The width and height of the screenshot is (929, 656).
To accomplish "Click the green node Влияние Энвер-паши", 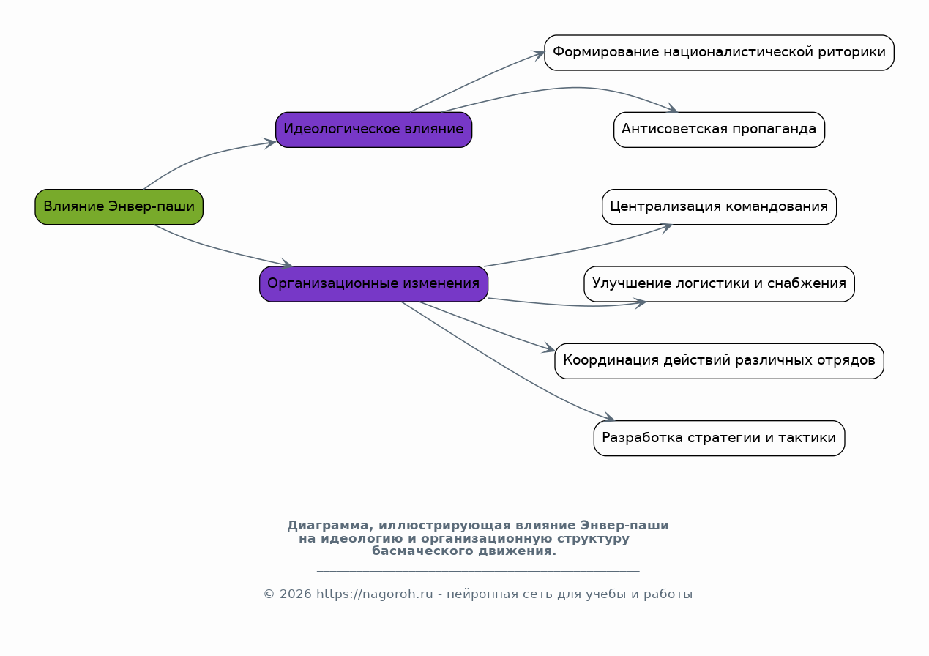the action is click(119, 207).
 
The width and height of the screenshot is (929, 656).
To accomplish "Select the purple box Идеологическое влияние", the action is click(373, 130).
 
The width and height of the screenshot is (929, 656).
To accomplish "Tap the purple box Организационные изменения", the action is click(373, 284).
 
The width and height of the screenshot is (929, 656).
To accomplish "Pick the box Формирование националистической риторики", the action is click(719, 53).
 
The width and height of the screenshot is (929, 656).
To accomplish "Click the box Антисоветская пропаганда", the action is click(719, 130).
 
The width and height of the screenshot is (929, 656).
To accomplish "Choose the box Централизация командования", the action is click(719, 207).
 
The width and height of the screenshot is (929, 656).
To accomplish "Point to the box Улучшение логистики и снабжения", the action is click(719, 284).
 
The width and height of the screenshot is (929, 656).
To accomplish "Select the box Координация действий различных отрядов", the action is click(719, 361).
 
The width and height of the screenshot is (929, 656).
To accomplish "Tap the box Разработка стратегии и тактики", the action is click(719, 439).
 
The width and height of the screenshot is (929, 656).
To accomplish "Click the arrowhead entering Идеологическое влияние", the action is click(270, 143).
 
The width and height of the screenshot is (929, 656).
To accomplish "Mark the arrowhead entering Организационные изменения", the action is click(286, 263).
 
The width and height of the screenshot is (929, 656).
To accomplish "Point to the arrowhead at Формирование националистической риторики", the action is click(538, 55).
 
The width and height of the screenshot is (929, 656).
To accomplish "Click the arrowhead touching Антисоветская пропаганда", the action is click(671, 108).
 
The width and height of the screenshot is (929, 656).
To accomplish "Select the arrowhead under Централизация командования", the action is click(665, 228).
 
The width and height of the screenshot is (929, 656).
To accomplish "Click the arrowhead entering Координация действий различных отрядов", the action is click(548, 348).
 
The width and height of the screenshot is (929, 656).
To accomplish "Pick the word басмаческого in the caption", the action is click(422, 551).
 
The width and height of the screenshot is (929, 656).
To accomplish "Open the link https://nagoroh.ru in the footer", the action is click(375, 594).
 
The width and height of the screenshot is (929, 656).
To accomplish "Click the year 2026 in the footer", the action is click(296, 594).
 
